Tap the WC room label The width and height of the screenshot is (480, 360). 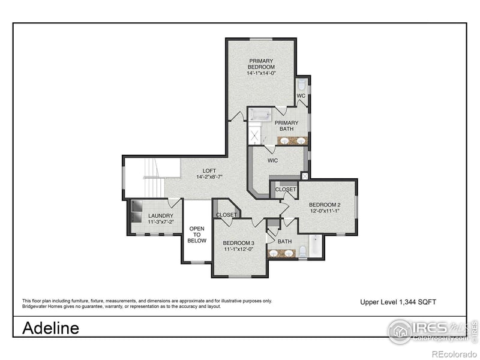pos(301,95)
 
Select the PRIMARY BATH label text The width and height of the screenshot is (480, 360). pos(286,126)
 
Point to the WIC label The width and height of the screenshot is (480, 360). pos(272,160)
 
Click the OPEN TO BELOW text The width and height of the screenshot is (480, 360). pos(197,235)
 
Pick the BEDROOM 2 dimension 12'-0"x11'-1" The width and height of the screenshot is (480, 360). pos(325,211)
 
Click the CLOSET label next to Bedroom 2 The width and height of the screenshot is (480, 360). pos(286,190)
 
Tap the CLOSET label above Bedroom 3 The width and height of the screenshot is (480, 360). pos(226,215)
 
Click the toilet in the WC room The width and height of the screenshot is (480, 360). pos(301,85)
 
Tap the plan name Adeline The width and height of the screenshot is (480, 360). pos(50,328)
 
